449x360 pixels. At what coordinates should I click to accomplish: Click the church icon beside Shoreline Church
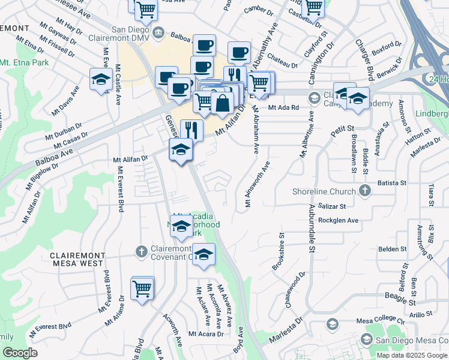point(364,191)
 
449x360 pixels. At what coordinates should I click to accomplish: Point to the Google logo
point(20,353)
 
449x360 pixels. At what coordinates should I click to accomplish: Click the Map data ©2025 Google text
point(412,355)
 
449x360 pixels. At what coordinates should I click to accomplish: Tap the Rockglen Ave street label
point(339,220)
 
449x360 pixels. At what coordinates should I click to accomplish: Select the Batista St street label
point(392,182)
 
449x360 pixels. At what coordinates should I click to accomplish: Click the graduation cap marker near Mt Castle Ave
point(101,80)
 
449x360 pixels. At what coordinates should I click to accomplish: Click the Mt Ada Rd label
point(283,107)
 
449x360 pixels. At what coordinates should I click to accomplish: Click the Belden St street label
point(393,248)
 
